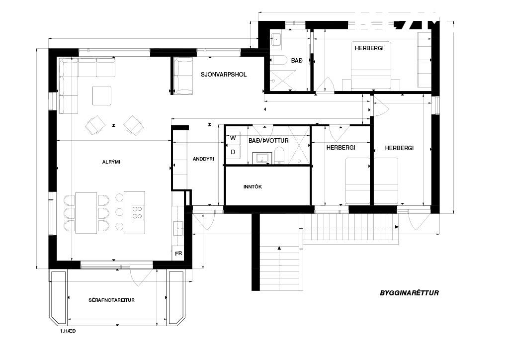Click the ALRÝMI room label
pyautogui.click(x=111, y=162)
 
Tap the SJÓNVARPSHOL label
pyautogui.click(x=224, y=75)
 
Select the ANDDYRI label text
pyautogui.click(x=203, y=159)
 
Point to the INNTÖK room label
pyautogui.click(x=253, y=186)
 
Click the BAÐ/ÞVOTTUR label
pyautogui.click(x=268, y=141)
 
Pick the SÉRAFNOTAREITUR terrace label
pyautogui.click(x=111, y=300)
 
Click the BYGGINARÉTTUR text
pyautogui.click(x=410, y=293)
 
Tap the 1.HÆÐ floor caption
pyautogui.click(x=68, y=331)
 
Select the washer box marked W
pyautogui.click(x=233, y=138)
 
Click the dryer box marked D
pyautogui.click(x=233, y=152)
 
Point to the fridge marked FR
pyautogui.click(x=178, y=254)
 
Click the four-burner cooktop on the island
pyautogui.click(x=138, y=213)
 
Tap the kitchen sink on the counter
pyautogui.click(x=178, y=228)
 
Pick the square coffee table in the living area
pyautogui.click(x=102, y=96)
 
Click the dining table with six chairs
pyautogui.click(x=86, y=213)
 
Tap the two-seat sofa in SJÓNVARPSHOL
pyautogui.click(x=184, y=76)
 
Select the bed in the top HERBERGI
pyautogui.click(x=371, y=66)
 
